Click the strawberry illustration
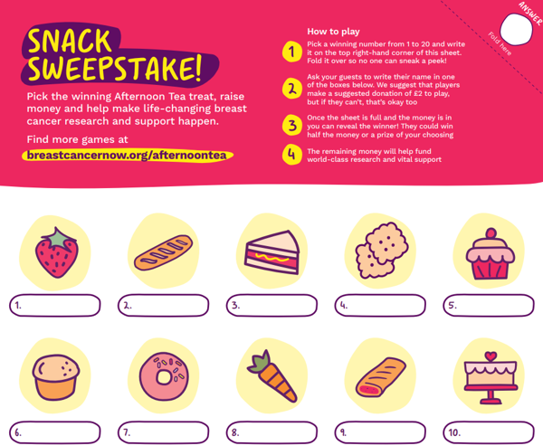[57, 252]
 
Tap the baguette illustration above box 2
[164, 252]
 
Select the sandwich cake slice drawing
[272, 252]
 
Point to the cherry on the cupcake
[491, 233]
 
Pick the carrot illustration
[272, 376]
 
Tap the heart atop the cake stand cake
[491, 356]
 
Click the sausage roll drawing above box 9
[381, 377]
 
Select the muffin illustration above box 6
[56, 377]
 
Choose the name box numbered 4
[380, 306]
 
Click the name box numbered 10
[489, 432]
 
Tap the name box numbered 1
[54, 306]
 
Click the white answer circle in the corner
[516, 30]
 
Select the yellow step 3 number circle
[292, 125]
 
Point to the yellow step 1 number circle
[292, 52]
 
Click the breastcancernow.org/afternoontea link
[127, 155]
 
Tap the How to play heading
[333, 32]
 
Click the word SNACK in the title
[70, 42]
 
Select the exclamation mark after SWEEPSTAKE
[197, 67]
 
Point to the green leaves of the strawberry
[59, 238]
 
